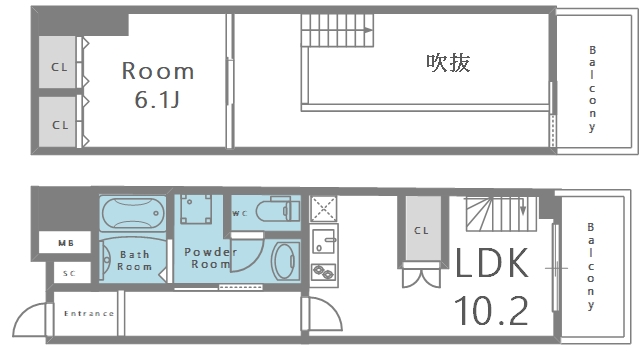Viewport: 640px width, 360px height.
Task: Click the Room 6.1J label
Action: tap(158, 84)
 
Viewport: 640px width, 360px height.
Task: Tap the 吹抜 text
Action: tap(449, 62)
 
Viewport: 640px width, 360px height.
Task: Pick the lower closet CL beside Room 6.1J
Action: tap(59, 124)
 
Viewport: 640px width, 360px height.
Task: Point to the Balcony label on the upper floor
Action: tap(592, 89)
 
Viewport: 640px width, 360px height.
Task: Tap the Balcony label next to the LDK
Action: tap(592, 264)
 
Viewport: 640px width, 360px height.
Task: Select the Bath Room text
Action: tap(135, 260)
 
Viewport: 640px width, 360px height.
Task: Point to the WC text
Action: tap(240, 213)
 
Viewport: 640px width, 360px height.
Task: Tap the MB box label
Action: tap(65, 242)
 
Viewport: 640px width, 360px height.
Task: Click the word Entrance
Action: tap(89, 313)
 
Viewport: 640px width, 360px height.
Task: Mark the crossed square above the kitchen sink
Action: tap(324, 208)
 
